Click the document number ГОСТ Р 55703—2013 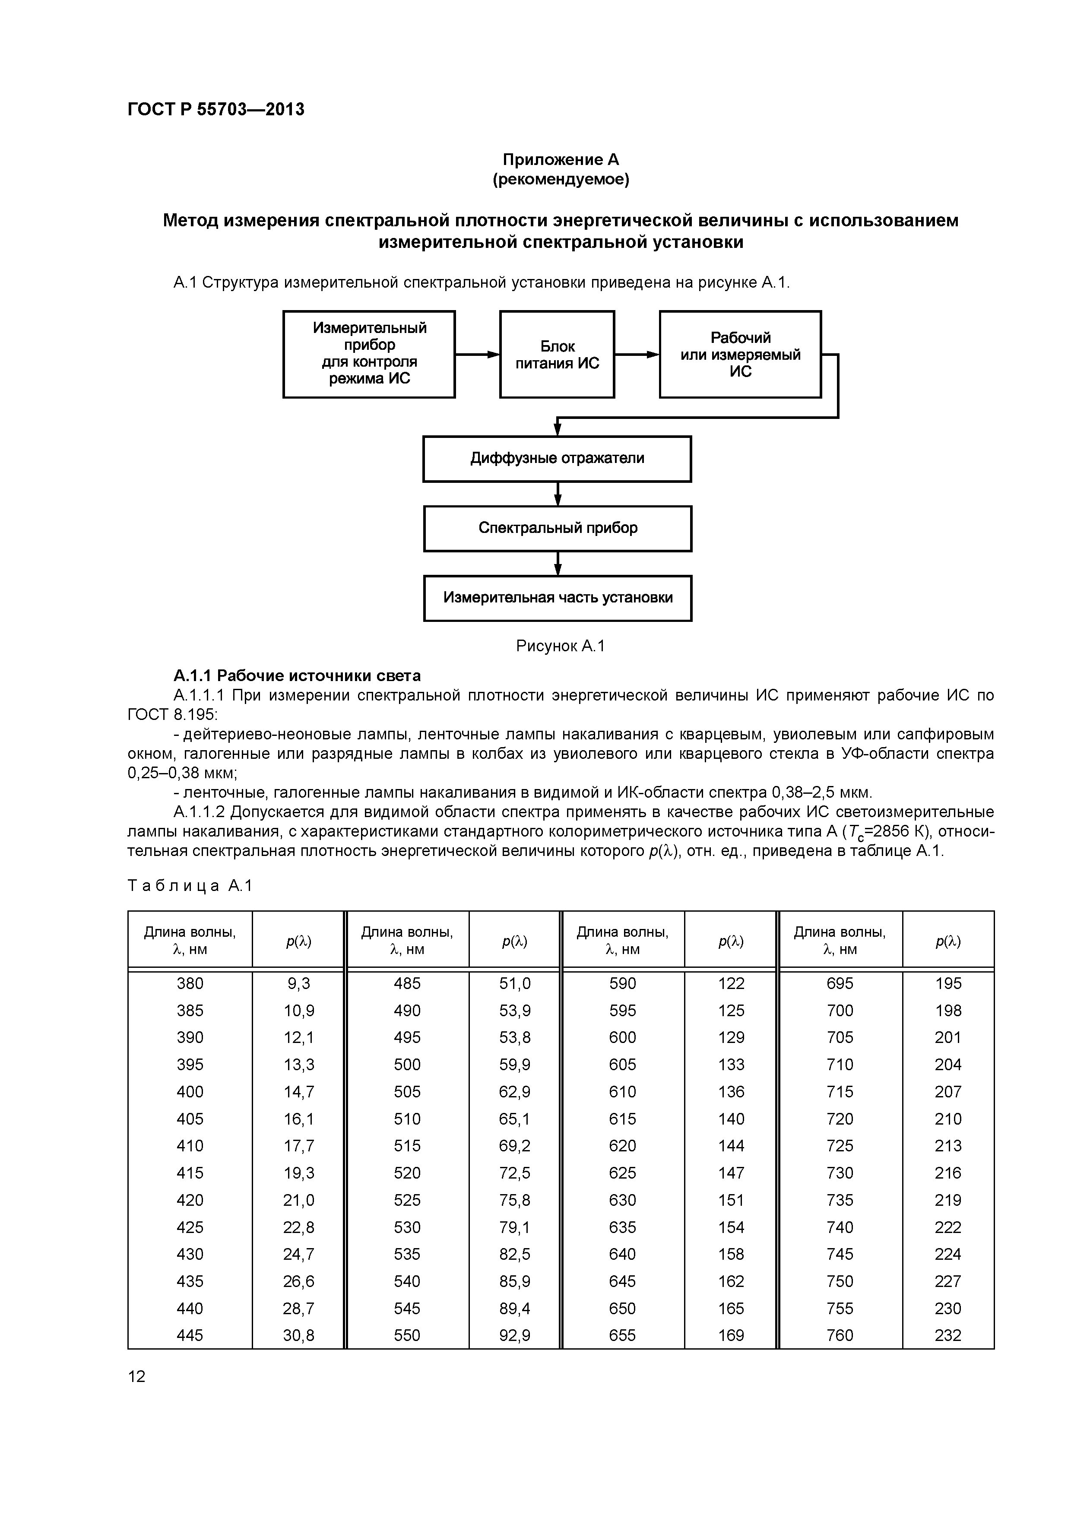pos(216,110)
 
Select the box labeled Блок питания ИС pos(557,354)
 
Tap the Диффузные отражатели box pos(557,459)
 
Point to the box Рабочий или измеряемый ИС pos(740,354)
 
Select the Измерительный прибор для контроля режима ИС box pos(369,354)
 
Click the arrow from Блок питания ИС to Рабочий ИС pos(637,354)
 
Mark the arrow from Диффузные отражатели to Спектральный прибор pos(558,494)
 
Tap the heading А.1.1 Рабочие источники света pos(297,676)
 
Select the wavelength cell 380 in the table pos(190,983)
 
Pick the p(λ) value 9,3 pos(298,983)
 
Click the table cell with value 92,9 pos(515,1335)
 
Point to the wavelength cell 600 pos(622,1037)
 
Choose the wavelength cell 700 pos(840,1010)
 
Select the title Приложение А pos(561,160)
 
